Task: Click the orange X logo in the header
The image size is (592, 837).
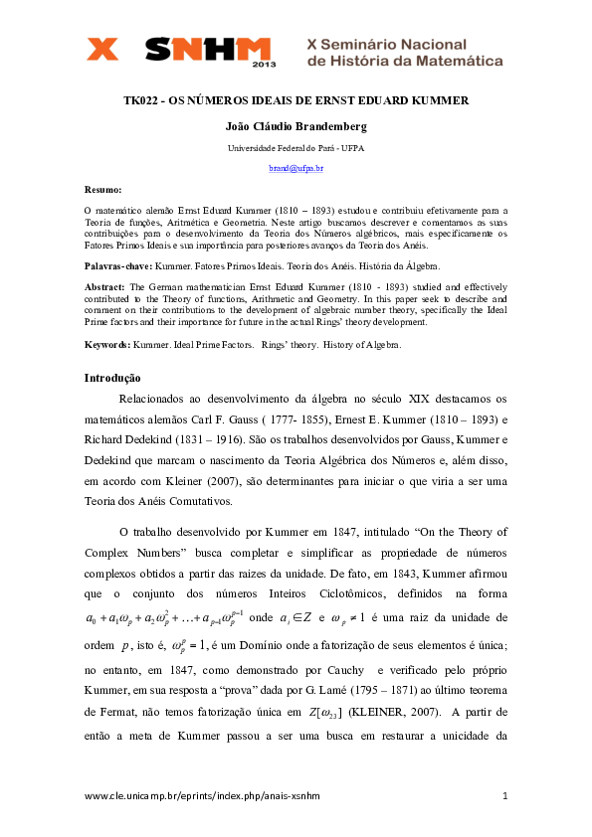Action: [102, 50]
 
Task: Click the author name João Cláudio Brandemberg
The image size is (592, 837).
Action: [296, 126]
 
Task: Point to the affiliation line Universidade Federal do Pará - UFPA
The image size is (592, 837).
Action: [296, 148]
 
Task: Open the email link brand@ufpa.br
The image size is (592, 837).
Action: [296, 169]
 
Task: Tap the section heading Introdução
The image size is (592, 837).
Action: [112, 378]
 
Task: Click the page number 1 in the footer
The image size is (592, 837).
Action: [505, 796]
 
